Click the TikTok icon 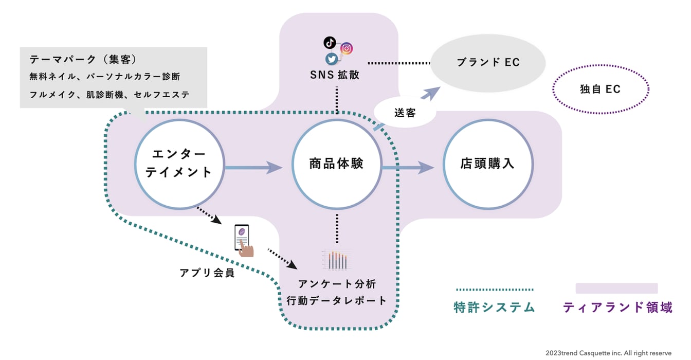pyautogui.click(x=329, y=42)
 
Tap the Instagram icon pyautogui.click(x=347, y=49)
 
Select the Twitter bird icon pyautogui.click(x=332, y=59)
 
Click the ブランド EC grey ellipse pyautogui.click(x=488, y=63)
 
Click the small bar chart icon pyautogui.click(x=337, y=260)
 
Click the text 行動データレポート pyautogui.click(x=336, y=301)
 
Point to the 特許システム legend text pyautogui.click(x=495, y=308)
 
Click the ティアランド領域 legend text pyautogui.click(x=617, y=308)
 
